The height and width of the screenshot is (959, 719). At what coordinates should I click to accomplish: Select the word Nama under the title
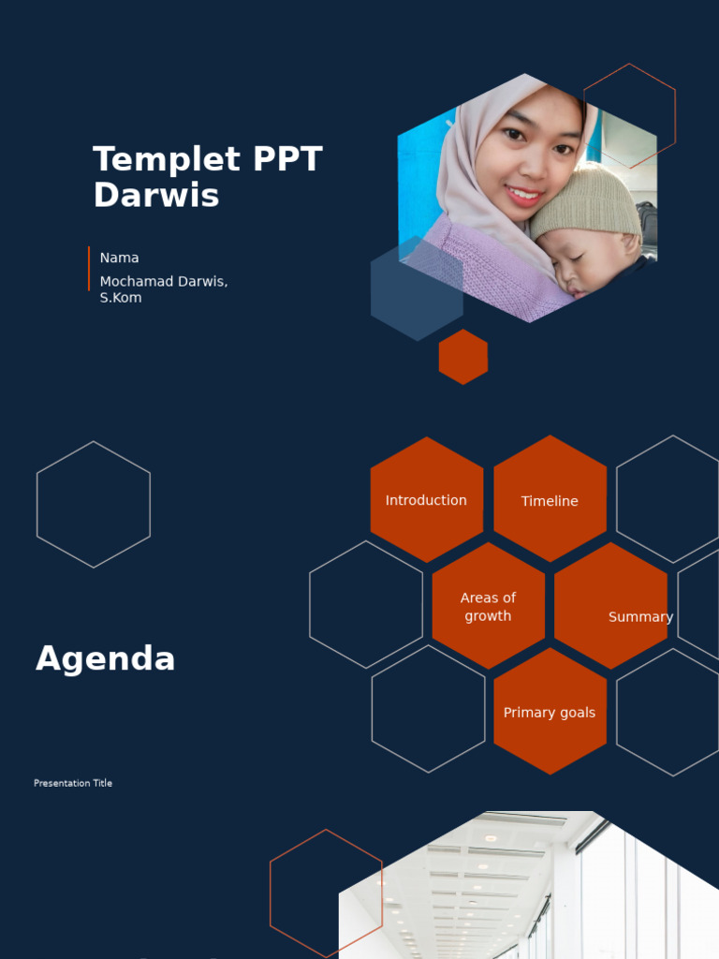[119, 258]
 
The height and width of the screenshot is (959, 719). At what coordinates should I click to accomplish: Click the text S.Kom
[121, 298]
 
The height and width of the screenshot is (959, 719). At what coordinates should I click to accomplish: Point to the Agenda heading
[105, 659]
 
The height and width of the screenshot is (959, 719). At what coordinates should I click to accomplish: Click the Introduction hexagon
[426, 500]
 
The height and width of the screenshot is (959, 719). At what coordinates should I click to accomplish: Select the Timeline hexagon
[550, 500]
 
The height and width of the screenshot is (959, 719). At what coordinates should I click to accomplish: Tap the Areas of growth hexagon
[488, 606]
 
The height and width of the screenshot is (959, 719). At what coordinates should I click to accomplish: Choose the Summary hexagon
[611, 607]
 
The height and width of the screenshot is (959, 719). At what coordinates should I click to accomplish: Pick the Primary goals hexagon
[550, 713]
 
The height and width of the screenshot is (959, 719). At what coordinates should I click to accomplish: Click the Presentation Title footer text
[73, 783]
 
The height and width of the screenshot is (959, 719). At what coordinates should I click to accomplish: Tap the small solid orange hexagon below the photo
[463, 357]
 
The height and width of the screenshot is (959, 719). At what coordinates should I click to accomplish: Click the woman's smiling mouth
[523, 196]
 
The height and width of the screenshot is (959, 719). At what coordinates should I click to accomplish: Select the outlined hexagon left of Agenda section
[94, 504]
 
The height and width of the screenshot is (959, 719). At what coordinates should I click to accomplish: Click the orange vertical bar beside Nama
[89, 269]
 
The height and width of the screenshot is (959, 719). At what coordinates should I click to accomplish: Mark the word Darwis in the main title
[155, 196]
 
